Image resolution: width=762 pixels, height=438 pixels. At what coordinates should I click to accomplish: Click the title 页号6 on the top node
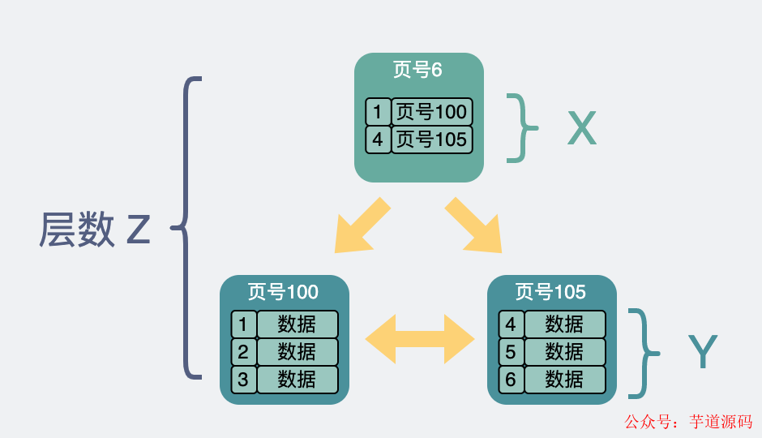(x=418, y=70)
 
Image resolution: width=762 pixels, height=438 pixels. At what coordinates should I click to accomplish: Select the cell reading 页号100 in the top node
(x=431, y=112)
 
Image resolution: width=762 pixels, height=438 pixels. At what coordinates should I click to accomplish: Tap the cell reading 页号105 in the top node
(x=431, y=140)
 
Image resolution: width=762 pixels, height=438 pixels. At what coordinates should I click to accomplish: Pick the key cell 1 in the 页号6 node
(x=378, y=112)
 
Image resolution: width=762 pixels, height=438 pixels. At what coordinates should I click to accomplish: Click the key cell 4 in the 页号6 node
(x=378, y=140)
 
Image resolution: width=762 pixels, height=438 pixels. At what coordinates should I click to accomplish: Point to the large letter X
(x=581, y=128)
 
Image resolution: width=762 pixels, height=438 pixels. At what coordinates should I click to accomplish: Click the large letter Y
(x=702, y=353)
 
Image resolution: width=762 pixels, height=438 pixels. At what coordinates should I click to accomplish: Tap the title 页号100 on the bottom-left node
(x=284, y=291)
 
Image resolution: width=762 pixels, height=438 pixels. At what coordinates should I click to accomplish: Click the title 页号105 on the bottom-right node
(x=551, y=291)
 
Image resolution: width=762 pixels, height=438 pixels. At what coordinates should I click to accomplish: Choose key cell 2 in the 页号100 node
(x=243, y=352)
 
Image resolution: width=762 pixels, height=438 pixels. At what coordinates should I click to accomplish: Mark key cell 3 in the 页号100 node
(x=243, y=379)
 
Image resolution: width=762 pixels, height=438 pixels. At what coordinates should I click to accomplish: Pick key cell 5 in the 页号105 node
(x=511, y=352)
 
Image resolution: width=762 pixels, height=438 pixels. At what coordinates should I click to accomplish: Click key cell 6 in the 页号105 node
(x=511, y=379)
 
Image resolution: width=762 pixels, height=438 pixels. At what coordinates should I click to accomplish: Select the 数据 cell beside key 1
(x=297, y=324)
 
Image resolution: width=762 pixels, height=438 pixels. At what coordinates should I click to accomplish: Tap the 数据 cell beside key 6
(x=564, y=379)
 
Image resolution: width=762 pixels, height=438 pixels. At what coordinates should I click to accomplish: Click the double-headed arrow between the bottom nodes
(x=419, y=338)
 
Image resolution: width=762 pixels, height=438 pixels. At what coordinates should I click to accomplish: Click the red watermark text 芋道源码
(x=721, y=422)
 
